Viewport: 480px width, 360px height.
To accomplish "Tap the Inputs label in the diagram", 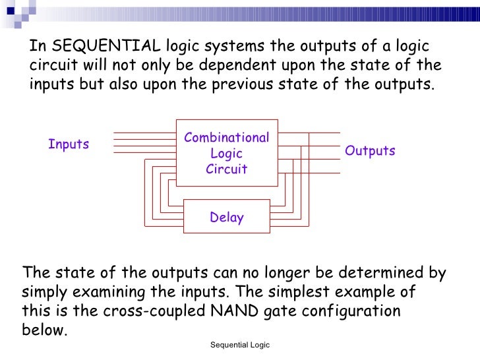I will point(69,144).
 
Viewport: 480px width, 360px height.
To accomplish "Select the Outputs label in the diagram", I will point(370,151).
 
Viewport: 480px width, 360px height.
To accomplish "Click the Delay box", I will point(226,218).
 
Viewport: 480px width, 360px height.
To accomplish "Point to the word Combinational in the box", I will point(226,138).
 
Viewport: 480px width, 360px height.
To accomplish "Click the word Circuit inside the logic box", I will point(226,169).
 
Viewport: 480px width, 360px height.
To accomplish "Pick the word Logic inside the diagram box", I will point(226,154).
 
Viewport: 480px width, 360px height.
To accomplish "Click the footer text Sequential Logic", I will point(240,345).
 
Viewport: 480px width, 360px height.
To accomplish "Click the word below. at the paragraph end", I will point(45,330).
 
